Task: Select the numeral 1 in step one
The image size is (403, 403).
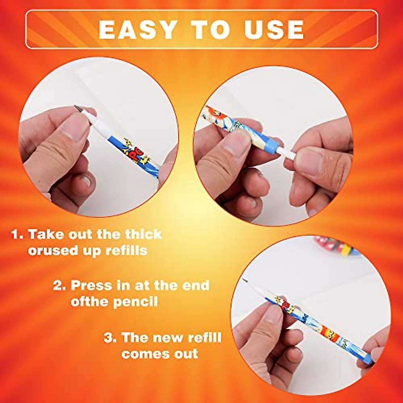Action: tap(16, 234)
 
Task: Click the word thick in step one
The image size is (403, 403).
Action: tap(143, 234)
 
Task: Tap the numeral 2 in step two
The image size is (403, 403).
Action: tap(58, 285)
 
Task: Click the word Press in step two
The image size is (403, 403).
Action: tap(91, 285)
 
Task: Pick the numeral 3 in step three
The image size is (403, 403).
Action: tap(109, 337)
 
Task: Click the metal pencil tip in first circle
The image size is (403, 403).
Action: tap(78, 108)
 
